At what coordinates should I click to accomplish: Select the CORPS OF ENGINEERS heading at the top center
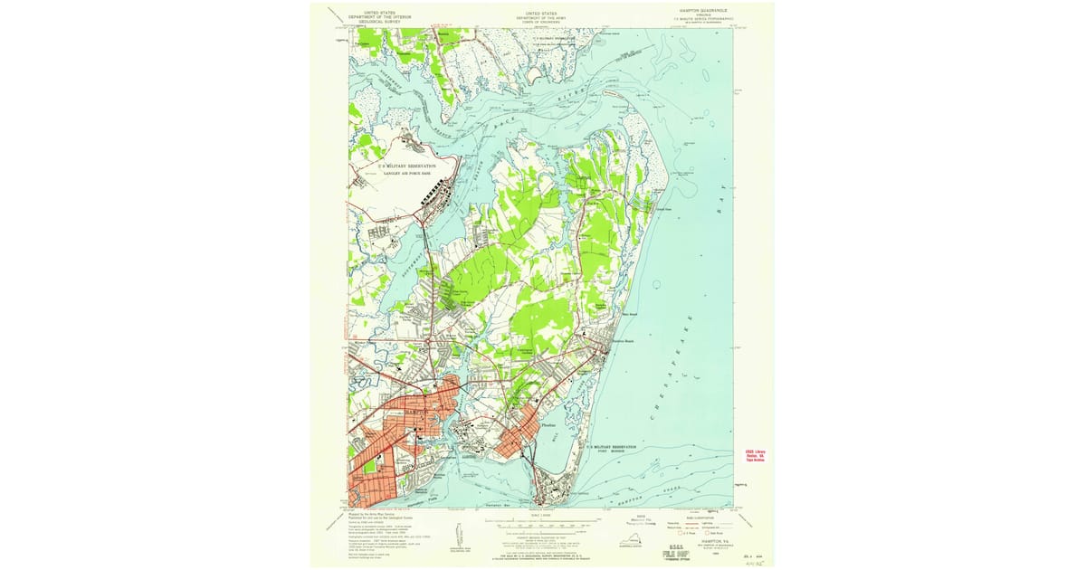542,19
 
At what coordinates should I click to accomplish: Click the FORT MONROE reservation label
618,452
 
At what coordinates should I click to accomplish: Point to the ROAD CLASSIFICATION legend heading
698,516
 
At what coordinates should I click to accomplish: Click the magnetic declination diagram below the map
458,534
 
